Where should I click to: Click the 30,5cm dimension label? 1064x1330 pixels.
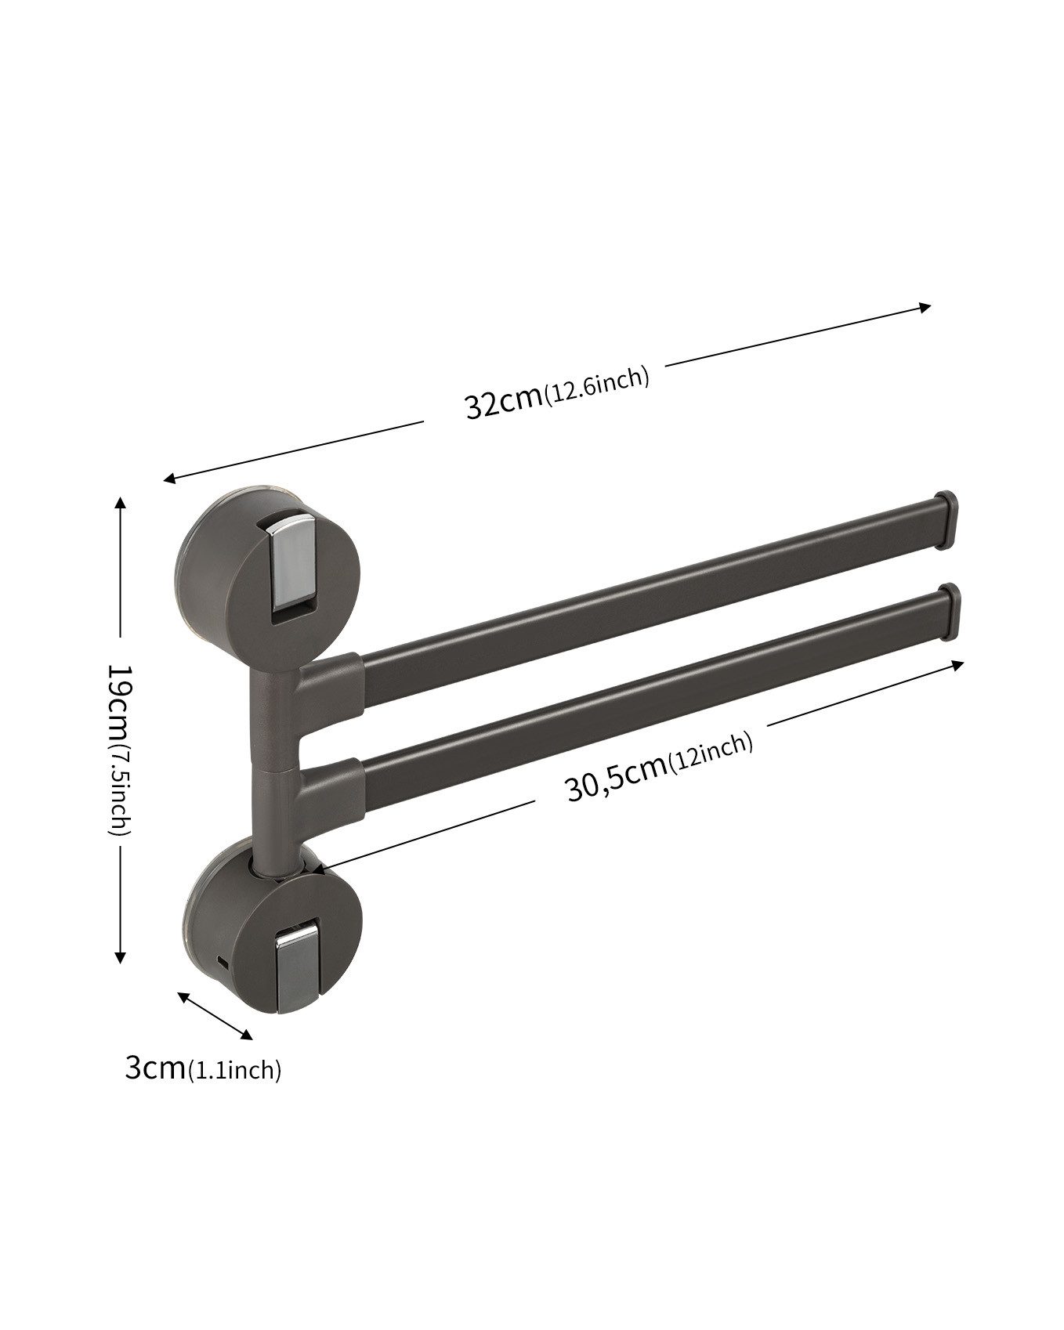click(616, 780)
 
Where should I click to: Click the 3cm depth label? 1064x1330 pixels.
click(155, 1067)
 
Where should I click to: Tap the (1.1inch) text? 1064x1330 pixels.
click(234, 1069)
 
